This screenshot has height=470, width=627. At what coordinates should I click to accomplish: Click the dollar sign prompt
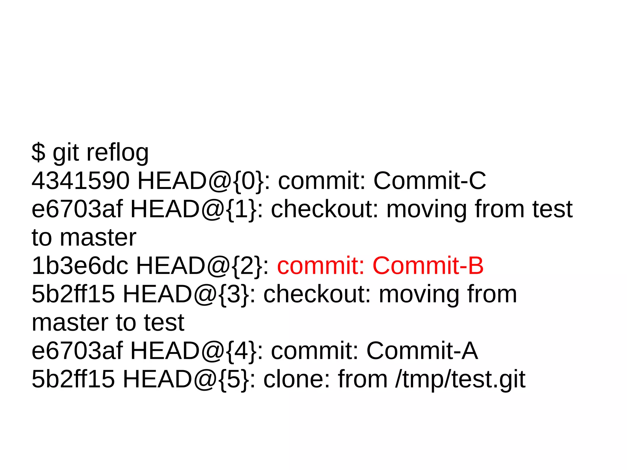pos(39,152)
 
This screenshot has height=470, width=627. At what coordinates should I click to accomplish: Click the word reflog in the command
pos(118,153)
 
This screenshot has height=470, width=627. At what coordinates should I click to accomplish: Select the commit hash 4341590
pos(81,181)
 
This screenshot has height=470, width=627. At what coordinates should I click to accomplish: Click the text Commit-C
pos(430,181)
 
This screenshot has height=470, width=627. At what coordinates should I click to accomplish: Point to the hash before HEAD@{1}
pos(77,209)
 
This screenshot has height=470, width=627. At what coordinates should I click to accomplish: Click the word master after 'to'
pos(98,238)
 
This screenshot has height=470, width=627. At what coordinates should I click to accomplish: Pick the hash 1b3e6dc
pos(80,265)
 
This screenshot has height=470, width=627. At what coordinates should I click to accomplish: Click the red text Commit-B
pos(428,265)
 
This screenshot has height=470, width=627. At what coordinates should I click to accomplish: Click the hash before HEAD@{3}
pos(73,294)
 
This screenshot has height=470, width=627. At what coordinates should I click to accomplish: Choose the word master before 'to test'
pos(70,322)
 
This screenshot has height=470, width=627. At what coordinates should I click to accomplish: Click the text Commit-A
pos(422,351)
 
